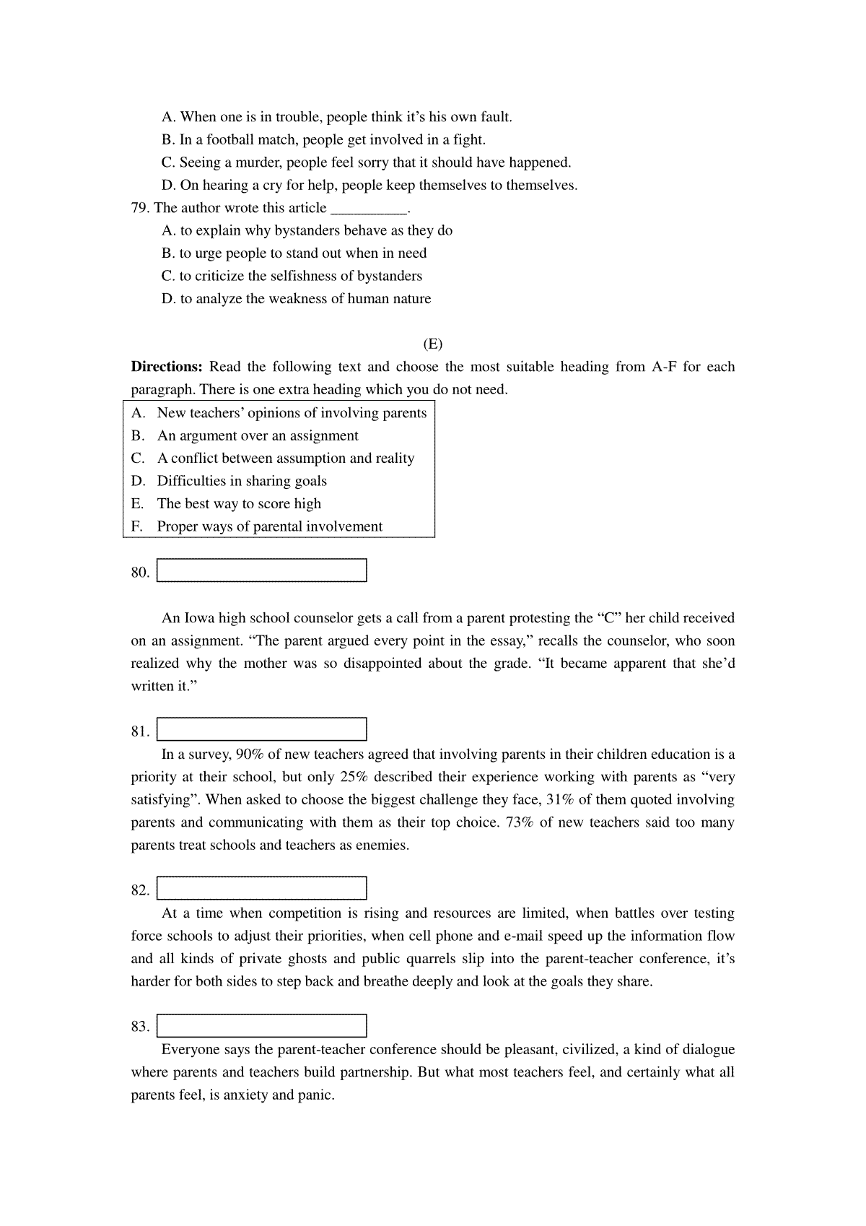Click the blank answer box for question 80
262,570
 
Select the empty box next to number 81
262,729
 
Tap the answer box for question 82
262,888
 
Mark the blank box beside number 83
262,1026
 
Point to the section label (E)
433,344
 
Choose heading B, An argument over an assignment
257,435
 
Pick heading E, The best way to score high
239,503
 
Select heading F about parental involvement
269,526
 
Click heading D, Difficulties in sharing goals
242,481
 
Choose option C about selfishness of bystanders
292,276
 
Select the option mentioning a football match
323,139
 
